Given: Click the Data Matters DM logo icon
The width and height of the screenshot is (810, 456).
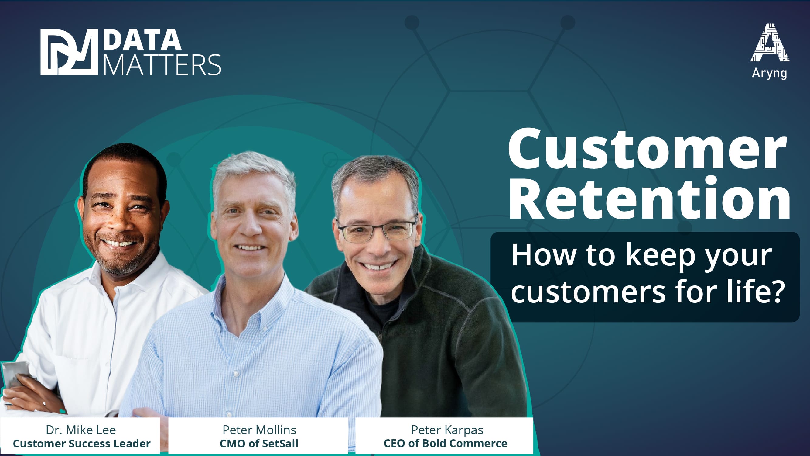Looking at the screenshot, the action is pos(69,52).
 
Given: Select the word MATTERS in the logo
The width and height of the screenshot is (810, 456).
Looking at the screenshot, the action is pos(162,64).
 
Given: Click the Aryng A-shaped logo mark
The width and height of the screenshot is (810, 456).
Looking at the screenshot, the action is pos(769,43).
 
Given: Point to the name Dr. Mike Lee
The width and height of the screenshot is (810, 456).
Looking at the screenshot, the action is pos(81,430).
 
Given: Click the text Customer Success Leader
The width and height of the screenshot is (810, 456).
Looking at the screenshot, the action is pos(82,444).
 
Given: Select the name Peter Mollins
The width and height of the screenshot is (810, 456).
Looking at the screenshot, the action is pos(259,430).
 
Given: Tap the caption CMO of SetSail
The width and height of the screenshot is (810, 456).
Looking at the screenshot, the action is pos(259,444).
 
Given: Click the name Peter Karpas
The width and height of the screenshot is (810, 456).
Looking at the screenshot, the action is pos(447,430).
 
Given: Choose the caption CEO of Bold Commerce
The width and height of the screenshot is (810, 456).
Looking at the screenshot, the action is pos(446,444).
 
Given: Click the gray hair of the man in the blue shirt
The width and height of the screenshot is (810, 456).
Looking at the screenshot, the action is pos(254,176).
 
